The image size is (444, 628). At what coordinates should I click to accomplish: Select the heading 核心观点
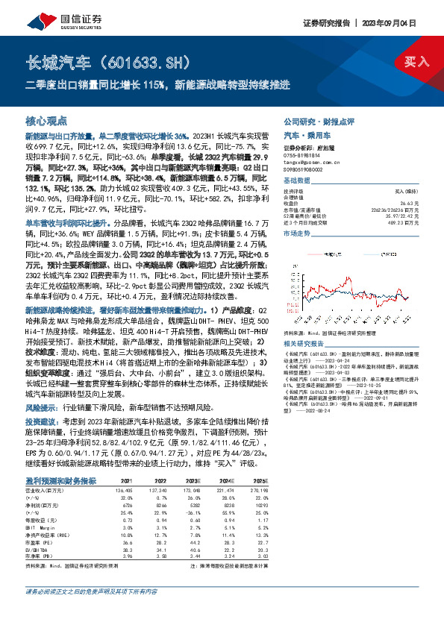[x=46, y=120]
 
